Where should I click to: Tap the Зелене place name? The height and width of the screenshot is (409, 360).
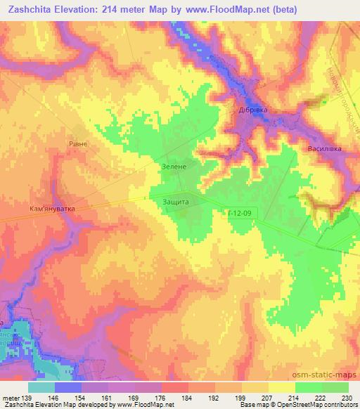[172, 167]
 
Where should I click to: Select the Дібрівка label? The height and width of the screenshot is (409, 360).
[249, 110]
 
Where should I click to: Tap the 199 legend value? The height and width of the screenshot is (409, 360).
[240, 398]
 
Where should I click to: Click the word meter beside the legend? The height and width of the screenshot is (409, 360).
[11, 398]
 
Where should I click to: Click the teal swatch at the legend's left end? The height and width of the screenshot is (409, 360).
[42, 387]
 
